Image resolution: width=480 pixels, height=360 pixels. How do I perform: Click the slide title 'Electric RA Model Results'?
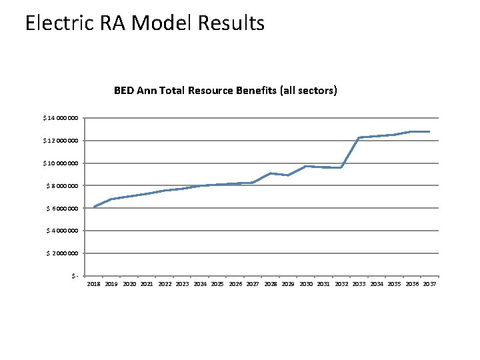click(x=145, y=23)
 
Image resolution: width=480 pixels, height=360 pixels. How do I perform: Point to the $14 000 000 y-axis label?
click(x=61, y=118)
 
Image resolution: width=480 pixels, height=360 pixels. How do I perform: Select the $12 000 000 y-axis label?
click(x=61, y=141)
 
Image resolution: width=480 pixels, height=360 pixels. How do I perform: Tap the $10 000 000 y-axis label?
click(x=61, y=163)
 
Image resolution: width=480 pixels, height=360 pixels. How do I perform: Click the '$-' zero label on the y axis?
click(x=76, y=276)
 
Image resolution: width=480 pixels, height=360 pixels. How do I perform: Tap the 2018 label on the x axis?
click(x=94, y=284)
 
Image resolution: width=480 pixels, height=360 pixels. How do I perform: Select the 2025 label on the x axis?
click(x=217, y=284)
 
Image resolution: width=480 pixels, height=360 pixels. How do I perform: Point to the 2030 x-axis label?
click(x=306, y=284)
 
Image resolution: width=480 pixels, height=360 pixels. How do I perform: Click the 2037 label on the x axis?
click(x=429, y=284)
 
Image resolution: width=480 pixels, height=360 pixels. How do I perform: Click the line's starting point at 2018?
click(x=94, y=207)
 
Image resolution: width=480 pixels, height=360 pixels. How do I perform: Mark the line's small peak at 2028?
click(x=271, y=173)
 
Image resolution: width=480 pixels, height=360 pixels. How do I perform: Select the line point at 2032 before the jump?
click(x=341, y=167)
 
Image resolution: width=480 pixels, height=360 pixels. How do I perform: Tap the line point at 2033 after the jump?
click(x=359, y=137)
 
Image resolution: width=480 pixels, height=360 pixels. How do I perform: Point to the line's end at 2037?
click(x=429, y=131)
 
